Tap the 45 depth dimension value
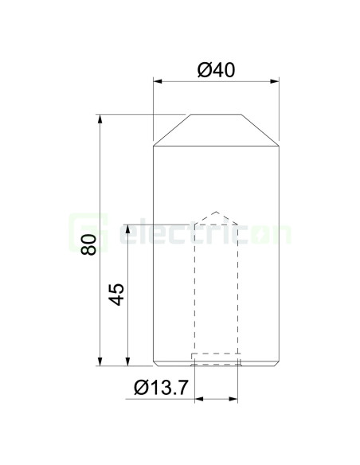pos(116,295)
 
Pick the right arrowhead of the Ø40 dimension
pos(275,81)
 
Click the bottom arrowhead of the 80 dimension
pos(100,361)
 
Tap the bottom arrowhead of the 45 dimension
pos(128,361)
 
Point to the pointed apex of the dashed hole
pos(216,212)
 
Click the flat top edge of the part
pos(216,115)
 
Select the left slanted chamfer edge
pos(170,131)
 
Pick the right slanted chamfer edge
pos(261,131)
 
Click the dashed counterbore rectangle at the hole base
pos(215,358)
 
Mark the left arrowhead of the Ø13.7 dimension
pos(197,398)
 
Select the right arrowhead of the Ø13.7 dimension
pos(236,398)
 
